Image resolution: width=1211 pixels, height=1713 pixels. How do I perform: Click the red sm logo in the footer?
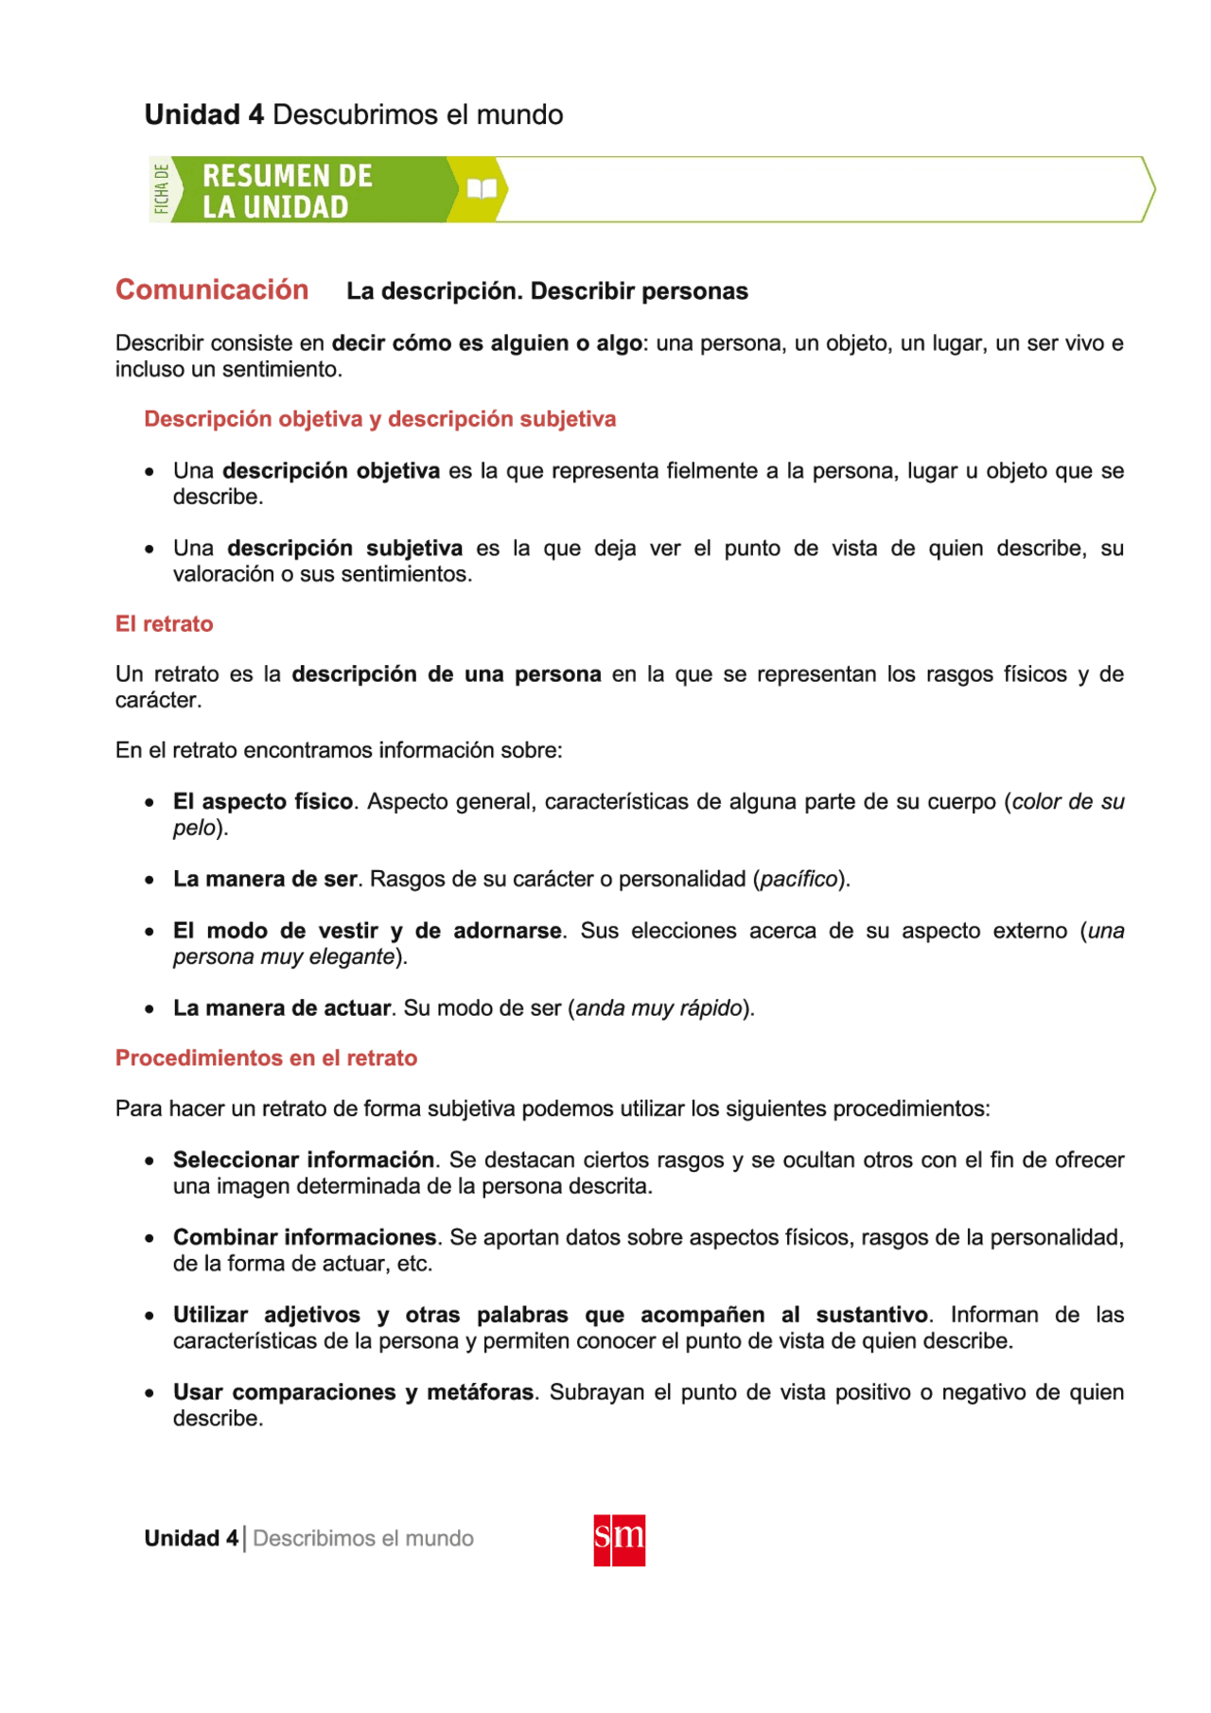(x=619, y=1540)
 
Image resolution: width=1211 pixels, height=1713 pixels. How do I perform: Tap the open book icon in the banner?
(x=482, y=189)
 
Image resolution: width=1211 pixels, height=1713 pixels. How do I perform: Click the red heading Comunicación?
(x=212, y=289)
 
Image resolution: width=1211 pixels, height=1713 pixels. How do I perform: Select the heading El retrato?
(x=164, y=624)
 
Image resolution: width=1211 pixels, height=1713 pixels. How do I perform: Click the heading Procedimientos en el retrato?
(x=266, y=1058)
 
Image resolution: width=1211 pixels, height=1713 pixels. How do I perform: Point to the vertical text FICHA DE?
(x=162, y=189)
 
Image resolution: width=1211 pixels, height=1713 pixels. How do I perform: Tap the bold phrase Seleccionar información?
(x=303, y=1160)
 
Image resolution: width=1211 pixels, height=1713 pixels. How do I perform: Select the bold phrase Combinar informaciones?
(x=304, y=1237)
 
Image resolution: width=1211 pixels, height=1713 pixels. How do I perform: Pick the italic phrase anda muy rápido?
(x=658, y=1008)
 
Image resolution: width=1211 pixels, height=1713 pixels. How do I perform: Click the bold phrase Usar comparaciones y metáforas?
(x=353, y=1392)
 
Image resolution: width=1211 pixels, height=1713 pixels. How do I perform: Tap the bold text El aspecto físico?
(x=262, y=802)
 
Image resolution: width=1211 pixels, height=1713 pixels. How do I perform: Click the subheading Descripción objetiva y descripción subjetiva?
(x=379, y=419)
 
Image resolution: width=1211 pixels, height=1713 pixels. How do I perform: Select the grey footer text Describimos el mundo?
(x=363, y=1539)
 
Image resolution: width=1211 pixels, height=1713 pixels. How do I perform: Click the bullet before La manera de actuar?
(x=149, y=1009)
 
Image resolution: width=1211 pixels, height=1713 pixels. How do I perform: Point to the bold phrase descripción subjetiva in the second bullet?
(x=344, y=549)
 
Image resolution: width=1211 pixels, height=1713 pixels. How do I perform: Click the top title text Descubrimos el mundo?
(x=417, y=114)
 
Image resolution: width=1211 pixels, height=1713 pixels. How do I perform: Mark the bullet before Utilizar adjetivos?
(x=149, y=1316)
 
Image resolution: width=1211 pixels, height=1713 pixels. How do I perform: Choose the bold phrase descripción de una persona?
(x=446, y=674)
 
